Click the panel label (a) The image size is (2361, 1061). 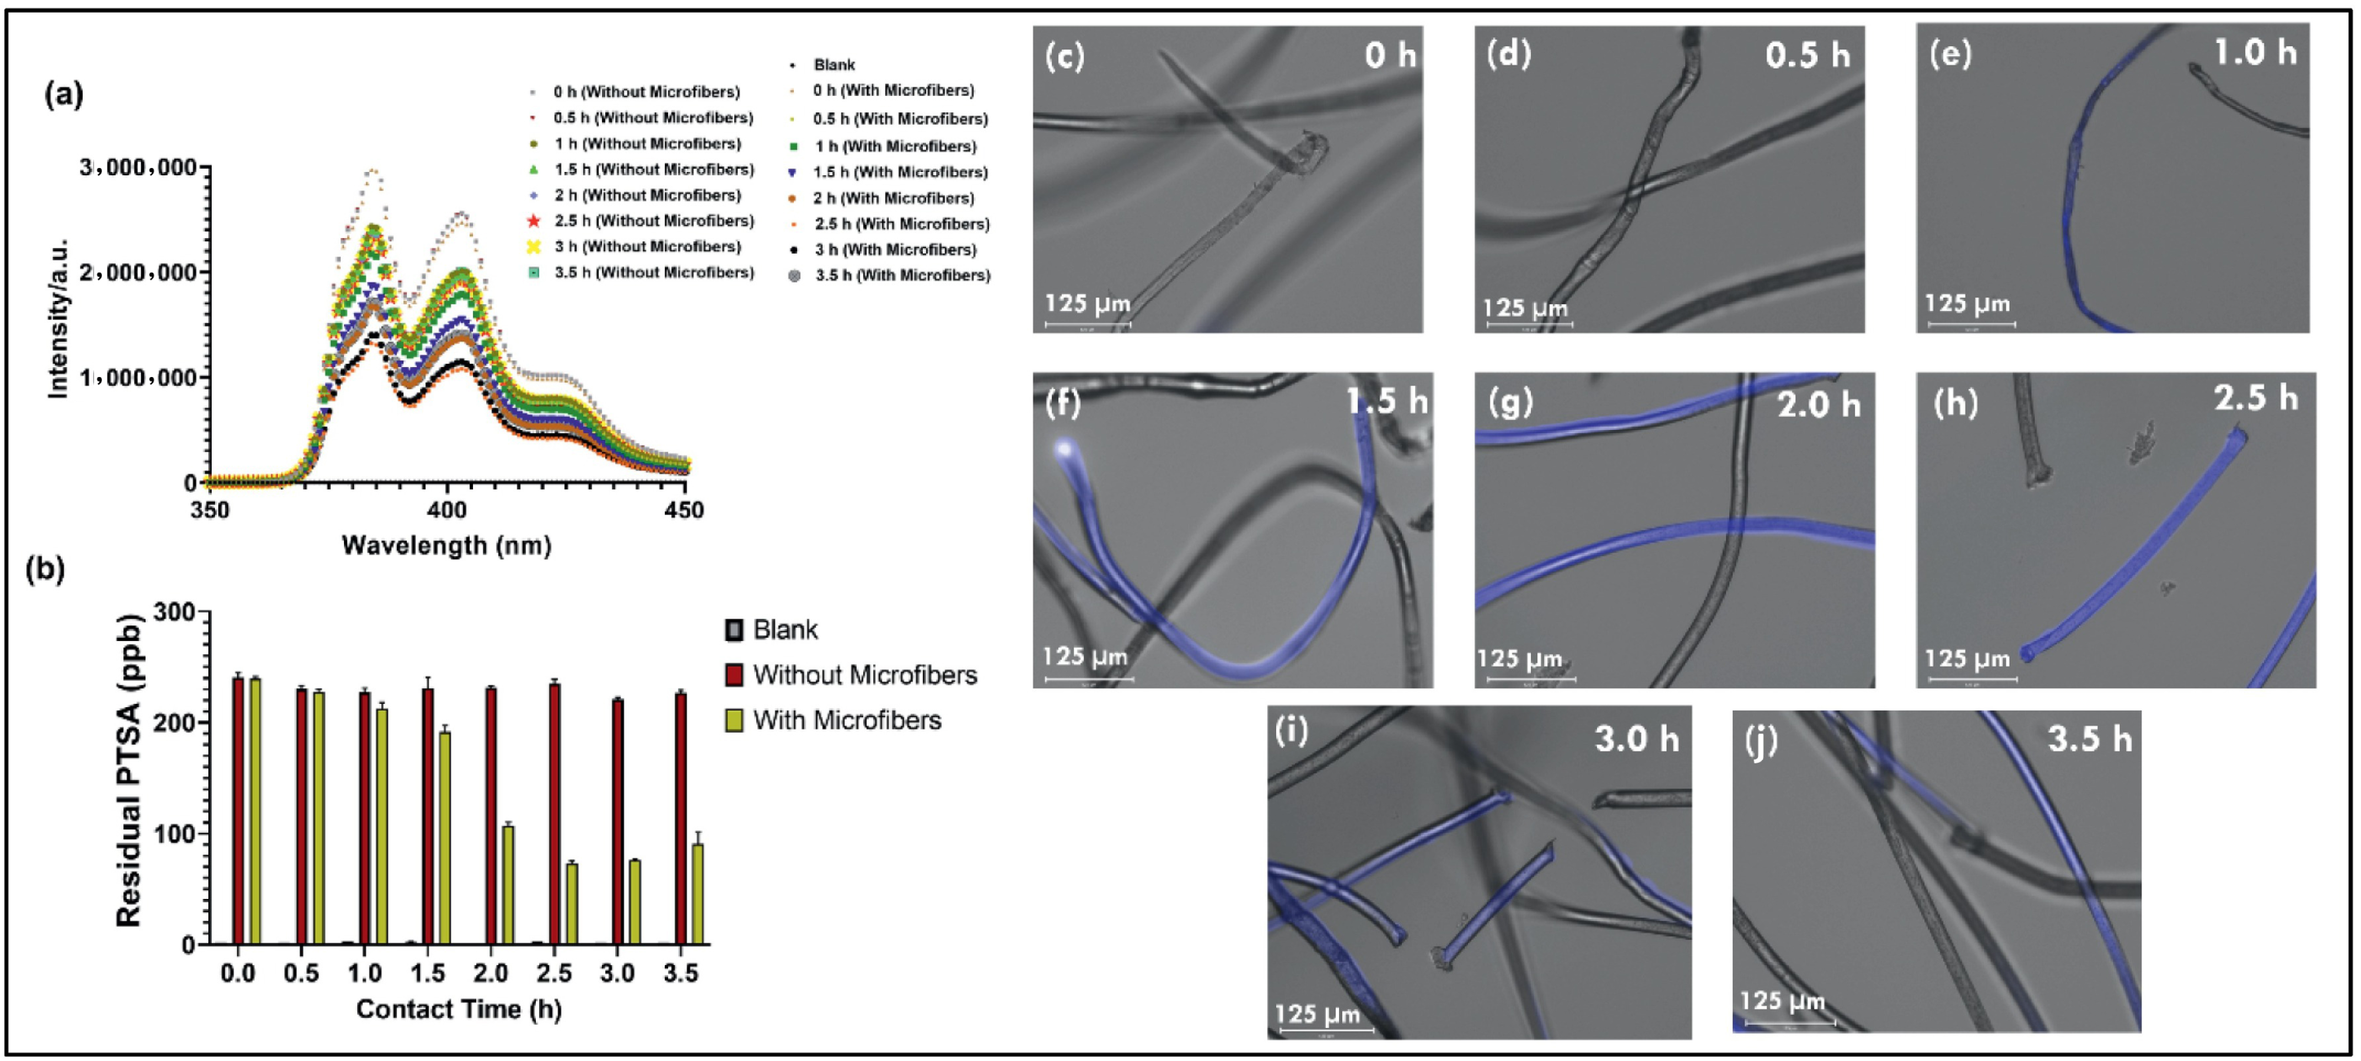(x=63, y=94)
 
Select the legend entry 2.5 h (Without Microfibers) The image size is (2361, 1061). (x=653, y=221)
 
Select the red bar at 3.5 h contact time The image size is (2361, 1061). (x=680, y=818)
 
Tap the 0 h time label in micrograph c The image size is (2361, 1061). (x=1390, y=56)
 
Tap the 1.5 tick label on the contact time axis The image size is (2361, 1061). (x=428, y=973)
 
